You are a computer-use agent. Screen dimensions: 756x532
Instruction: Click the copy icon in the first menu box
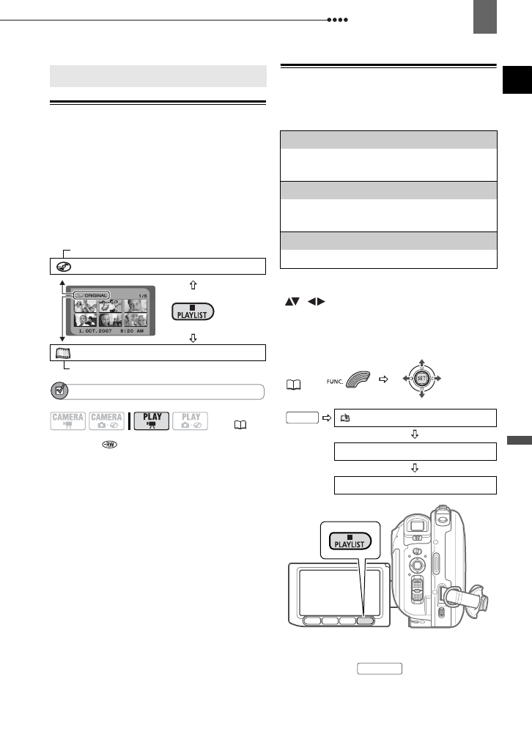[x=342, y=418]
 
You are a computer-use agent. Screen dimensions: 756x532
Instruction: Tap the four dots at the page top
[x=336, y=20]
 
